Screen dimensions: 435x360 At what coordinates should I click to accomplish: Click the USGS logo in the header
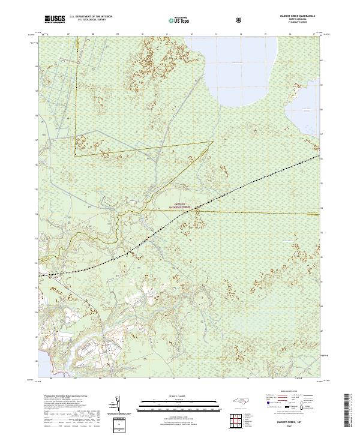click(x=55, y=20)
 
